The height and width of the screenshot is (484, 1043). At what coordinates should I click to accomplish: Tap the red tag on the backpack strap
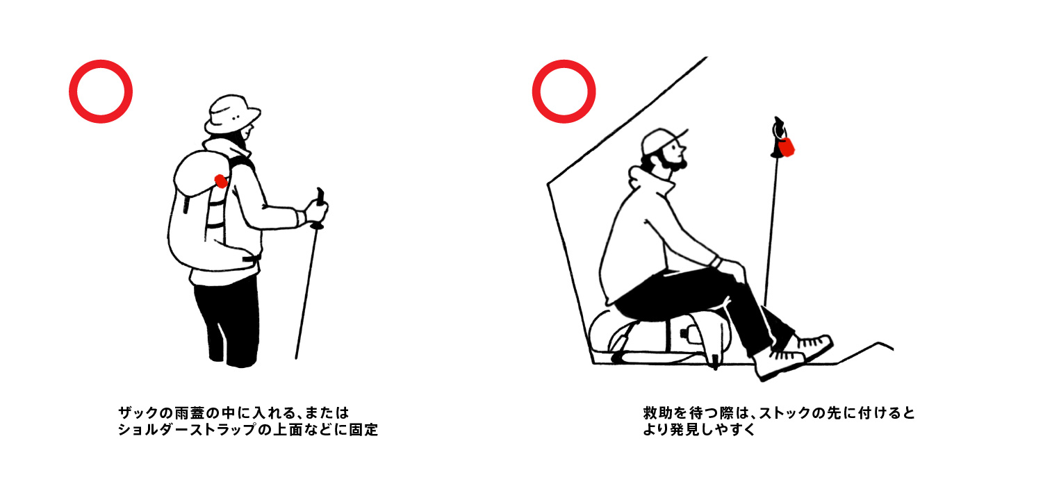221,181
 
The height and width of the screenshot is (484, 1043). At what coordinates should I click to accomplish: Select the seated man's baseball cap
662,140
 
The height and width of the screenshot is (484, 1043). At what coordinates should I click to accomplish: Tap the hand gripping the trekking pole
317,211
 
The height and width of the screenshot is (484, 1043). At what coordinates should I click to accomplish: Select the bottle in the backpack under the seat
689,333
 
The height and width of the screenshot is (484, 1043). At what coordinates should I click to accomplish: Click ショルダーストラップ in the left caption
187,430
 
